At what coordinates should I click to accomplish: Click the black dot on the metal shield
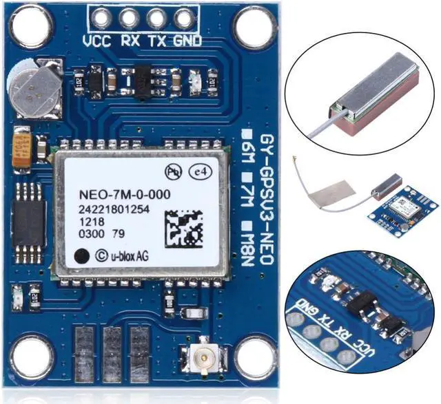(x=83, y=255)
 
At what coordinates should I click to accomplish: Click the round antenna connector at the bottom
(x=204, y=359)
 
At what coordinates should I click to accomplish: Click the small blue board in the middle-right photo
(x=407, y=207)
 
